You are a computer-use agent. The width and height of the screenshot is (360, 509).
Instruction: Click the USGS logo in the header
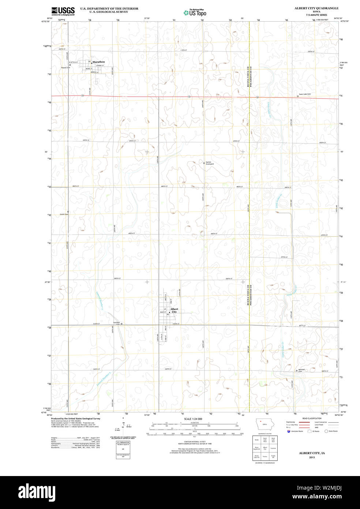coord(63,11)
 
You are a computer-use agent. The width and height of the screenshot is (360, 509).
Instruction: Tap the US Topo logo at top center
coord(195,13)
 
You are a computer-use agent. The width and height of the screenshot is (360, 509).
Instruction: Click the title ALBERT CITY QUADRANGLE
coord(316,8)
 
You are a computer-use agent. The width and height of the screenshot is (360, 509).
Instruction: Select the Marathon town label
coord(98,62)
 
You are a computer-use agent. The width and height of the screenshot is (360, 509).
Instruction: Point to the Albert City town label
coord(174,311)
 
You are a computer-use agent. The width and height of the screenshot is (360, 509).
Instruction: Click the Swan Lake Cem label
coord(305,94)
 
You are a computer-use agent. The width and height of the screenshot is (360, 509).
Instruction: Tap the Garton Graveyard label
coord(209,163)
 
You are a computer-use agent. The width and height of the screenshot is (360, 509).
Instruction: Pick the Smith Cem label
coord(64,214)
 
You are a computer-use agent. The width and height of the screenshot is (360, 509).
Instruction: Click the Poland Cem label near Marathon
coord(65,67)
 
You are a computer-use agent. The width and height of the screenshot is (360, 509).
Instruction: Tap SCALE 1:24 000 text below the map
coord(193,419)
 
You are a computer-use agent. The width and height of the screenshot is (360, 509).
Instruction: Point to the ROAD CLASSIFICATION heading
coord(312,418)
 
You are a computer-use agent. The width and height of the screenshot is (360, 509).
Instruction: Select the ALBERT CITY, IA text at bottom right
coord(312,453)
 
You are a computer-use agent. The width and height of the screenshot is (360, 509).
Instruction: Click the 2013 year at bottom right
coord(312,457)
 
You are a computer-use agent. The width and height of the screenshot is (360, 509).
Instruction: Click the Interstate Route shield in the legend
coord(289,431)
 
